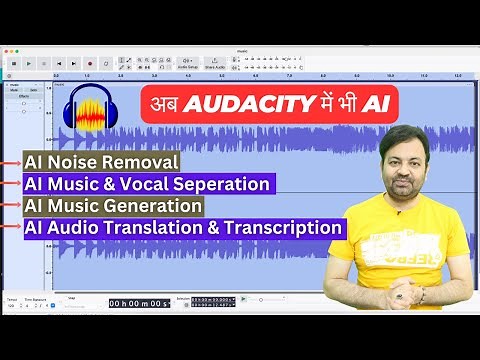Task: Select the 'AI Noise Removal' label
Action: tap(101, 161)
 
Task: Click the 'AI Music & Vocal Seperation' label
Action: tap(147, 184)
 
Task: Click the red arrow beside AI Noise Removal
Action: tap(11, 162)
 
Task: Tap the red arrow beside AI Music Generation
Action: tap(11, 207)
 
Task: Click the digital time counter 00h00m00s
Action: tap(139, 303)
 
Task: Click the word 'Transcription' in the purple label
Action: tap(297, 228)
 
